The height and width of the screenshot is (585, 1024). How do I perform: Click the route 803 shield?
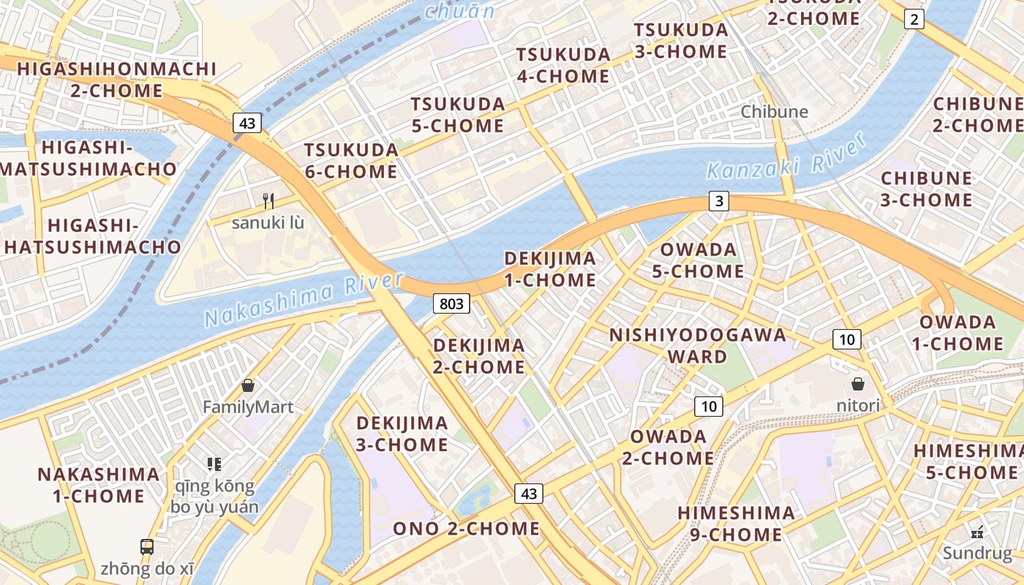(x=451, y=303)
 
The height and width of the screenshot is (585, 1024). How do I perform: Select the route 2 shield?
(x=914, y=19)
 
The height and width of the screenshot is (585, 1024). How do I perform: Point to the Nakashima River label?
(x=304, y=300)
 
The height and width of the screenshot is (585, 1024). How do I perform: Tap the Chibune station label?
(x=774, y=112)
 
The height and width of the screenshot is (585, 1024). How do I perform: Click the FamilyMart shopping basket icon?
(x=248, y=385)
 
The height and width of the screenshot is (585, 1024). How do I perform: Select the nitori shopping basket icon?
(x=858, y=383)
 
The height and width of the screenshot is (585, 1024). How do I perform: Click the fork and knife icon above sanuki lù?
(x=268, y=200)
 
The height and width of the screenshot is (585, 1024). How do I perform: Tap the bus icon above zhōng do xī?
(x=147, y=546)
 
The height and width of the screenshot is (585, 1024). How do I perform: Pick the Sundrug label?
(x=976, y=553)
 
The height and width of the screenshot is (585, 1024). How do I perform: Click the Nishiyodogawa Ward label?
(x=698, y=346)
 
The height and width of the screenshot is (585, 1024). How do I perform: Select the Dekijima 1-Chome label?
(x=550, y=269)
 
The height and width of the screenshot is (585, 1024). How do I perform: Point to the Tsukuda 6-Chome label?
(x=351, y=161)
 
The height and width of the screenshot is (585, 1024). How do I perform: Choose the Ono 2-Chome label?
(x=466, y=529)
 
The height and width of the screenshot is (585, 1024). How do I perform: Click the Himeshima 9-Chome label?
(x=736, y=524)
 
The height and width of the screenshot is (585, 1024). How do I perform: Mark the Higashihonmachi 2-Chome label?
(x=117, y=80)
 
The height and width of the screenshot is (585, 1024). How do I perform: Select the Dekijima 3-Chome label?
(x=402, y=434)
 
